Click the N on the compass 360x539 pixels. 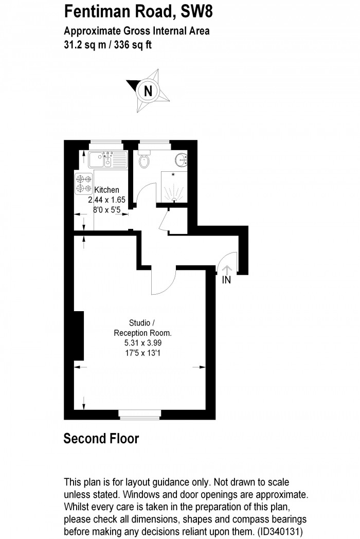click(x=148, y=92)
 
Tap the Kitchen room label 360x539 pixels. click(x=106, y=190)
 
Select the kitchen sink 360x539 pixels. click(x=107, y=159)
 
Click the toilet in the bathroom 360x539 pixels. click(x=145, y=160)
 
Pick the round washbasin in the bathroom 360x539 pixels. click(x=181, y=160)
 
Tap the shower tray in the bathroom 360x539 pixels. click(x=172, y=186)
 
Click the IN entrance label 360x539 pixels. click(x=226, y=280)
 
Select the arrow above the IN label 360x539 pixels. click(x=227, y=268)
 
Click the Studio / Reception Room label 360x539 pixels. click(x=142, y=328)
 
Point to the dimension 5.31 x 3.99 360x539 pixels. click(x=142, y=343)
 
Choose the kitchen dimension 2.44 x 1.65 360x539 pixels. click(x=106, y=200)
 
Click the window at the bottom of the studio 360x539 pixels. click(x=139, y=412)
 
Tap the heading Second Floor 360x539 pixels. click(x=101, y=439)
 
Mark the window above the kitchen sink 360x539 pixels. click(x=107, y=144)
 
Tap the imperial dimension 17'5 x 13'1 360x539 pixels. click(x=142, y=353)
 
